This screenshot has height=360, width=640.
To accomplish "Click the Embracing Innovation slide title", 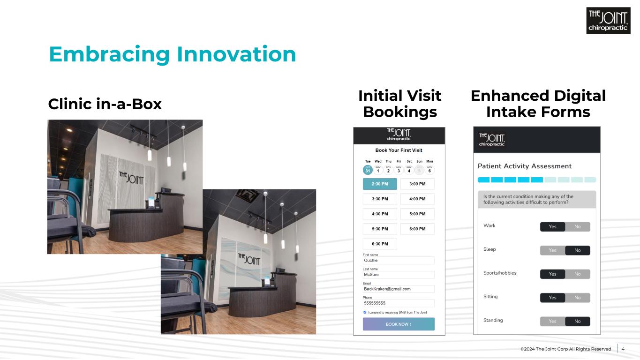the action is [172, 54].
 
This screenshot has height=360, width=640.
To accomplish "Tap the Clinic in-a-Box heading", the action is [105, 104].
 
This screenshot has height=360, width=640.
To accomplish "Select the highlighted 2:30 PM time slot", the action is [380, 184].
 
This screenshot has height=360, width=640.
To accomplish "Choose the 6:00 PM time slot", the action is [417, 229].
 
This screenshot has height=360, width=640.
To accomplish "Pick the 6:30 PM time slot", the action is [380, 244].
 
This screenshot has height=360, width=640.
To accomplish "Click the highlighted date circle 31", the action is [368, 170].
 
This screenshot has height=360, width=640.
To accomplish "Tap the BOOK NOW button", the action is [399, 324].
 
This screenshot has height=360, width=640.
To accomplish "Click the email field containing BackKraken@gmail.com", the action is [399, 289].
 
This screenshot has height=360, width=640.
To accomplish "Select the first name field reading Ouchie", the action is [399, 260].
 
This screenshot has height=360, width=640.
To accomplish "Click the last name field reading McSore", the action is [399, 275].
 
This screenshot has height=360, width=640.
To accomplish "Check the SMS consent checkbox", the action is [365, 312].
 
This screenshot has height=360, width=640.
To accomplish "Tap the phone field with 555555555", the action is [399, 303].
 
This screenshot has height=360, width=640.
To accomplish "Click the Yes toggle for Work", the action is [552, 226].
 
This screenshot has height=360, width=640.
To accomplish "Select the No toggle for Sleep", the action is [578, 250].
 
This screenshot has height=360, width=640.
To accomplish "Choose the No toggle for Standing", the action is [578, 322].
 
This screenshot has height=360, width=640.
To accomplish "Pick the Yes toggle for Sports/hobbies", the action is [552, 274].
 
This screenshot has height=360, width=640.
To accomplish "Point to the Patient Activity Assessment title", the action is [525, 166].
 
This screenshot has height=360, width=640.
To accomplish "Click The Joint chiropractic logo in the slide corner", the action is [608, 21].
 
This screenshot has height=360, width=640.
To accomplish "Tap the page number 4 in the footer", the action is [623, 349].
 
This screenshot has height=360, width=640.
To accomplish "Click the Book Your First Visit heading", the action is [399, 150].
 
